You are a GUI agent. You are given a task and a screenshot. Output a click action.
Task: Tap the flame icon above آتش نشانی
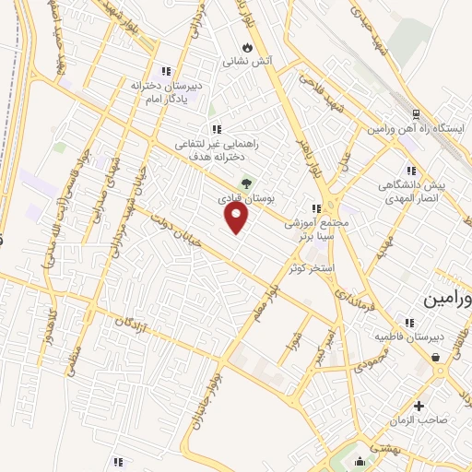pos(246,47)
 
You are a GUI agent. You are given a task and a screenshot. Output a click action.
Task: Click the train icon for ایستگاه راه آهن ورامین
pos(416,114)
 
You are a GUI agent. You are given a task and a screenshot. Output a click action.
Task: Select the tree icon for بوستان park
pos(245,182)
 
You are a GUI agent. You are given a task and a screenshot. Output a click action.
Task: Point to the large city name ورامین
pos(448,300)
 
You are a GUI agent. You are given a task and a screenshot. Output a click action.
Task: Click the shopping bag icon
pos(434,358)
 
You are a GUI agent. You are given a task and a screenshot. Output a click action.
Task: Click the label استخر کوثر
pos(313,267)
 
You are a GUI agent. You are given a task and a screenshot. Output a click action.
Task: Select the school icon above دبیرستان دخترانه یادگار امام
pos(166,70)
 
